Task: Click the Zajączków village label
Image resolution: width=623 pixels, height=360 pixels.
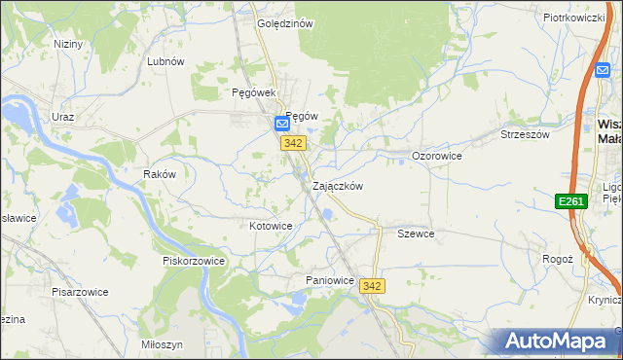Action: tap(338, 186)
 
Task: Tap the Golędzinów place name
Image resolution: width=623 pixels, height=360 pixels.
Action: tap(284, 24)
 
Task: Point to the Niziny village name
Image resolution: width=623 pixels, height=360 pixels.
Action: tap(69, 44)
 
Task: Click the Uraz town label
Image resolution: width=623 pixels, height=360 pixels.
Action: tap(63, 117)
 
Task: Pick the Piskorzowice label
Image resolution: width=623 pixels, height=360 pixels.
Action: tap(194, 261)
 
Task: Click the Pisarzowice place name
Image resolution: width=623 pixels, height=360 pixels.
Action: tap(80, 291)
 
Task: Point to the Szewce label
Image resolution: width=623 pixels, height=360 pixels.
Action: tap(416, 234)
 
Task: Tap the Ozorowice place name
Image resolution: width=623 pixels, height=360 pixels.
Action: tap(436, 156)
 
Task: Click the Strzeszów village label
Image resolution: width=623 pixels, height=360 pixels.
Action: tap(525, 134)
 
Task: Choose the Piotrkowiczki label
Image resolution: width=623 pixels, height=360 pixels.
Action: tap(574, 18)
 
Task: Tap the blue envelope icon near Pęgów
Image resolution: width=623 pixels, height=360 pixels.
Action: tap(281, 125)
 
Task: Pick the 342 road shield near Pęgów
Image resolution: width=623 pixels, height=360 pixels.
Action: tap(294, 143)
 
